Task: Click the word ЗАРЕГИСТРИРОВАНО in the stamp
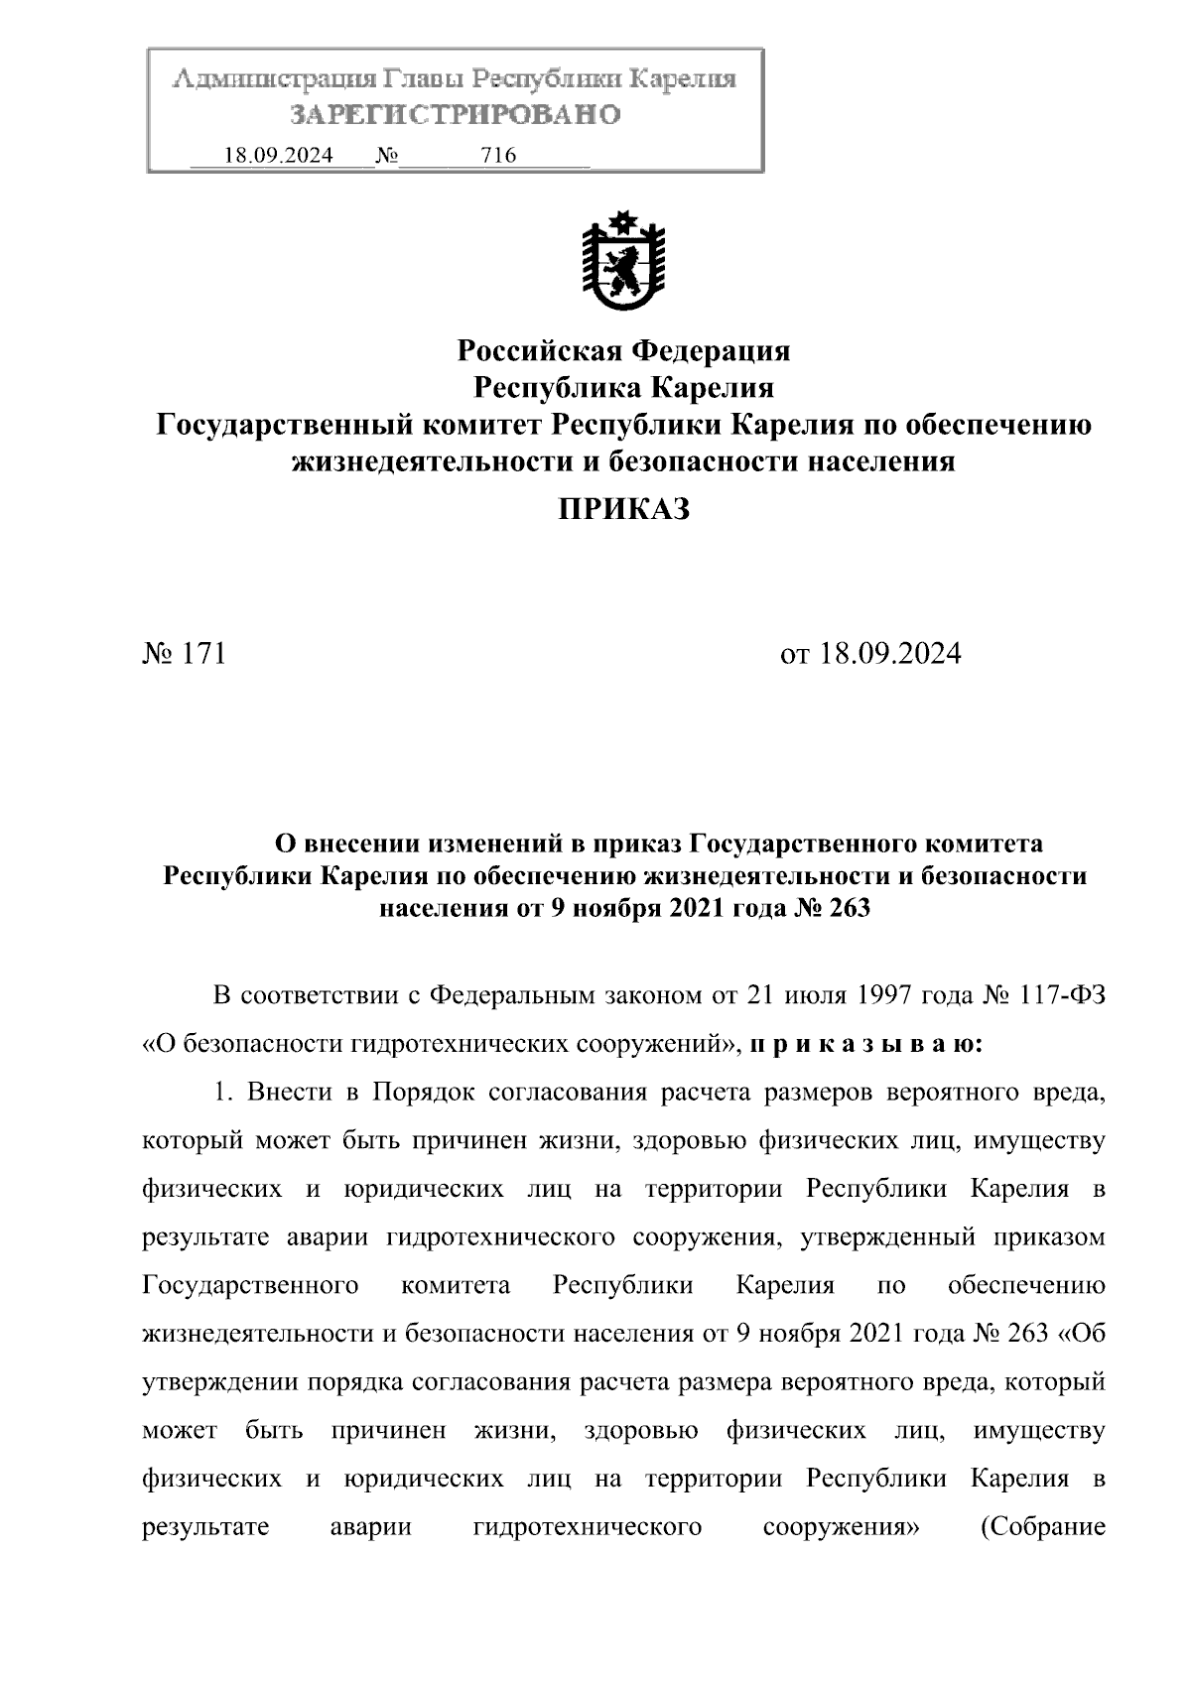point(456,115)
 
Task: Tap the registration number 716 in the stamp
point(497,156)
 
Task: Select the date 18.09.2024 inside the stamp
point(278,156)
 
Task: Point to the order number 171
point(205,654)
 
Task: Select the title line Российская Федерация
point(623,350)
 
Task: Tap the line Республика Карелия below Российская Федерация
point(623,387)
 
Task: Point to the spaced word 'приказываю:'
point(866,1044)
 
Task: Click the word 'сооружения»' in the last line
point(841,1526)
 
